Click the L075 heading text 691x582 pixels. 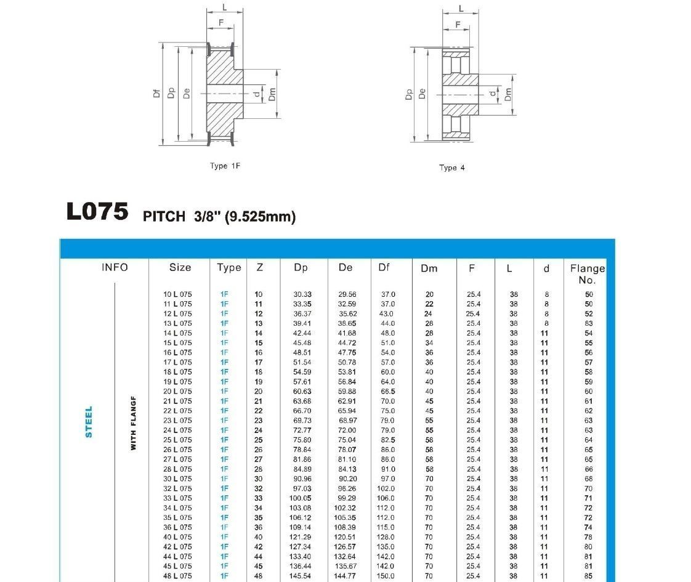[97, 212]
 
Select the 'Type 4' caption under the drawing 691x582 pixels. [452, 168]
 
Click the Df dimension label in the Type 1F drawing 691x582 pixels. [157, 93]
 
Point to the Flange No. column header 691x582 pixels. [587, 273]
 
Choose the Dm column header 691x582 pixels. [429, 268]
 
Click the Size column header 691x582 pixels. [180, 267]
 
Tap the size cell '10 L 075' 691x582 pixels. [177, 294]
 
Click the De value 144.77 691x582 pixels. [346, 576]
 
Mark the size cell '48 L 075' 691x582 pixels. [177, 576]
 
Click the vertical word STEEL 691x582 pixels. [89, 422]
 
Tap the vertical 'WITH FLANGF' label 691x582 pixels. [134, 422]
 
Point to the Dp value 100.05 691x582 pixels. [302, 498]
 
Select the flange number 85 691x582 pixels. [589, 576]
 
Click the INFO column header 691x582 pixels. [115, 267]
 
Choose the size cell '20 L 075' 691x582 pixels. [177, 392]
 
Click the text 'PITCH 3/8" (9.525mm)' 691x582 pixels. [219, 216]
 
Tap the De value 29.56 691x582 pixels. [347, 294]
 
